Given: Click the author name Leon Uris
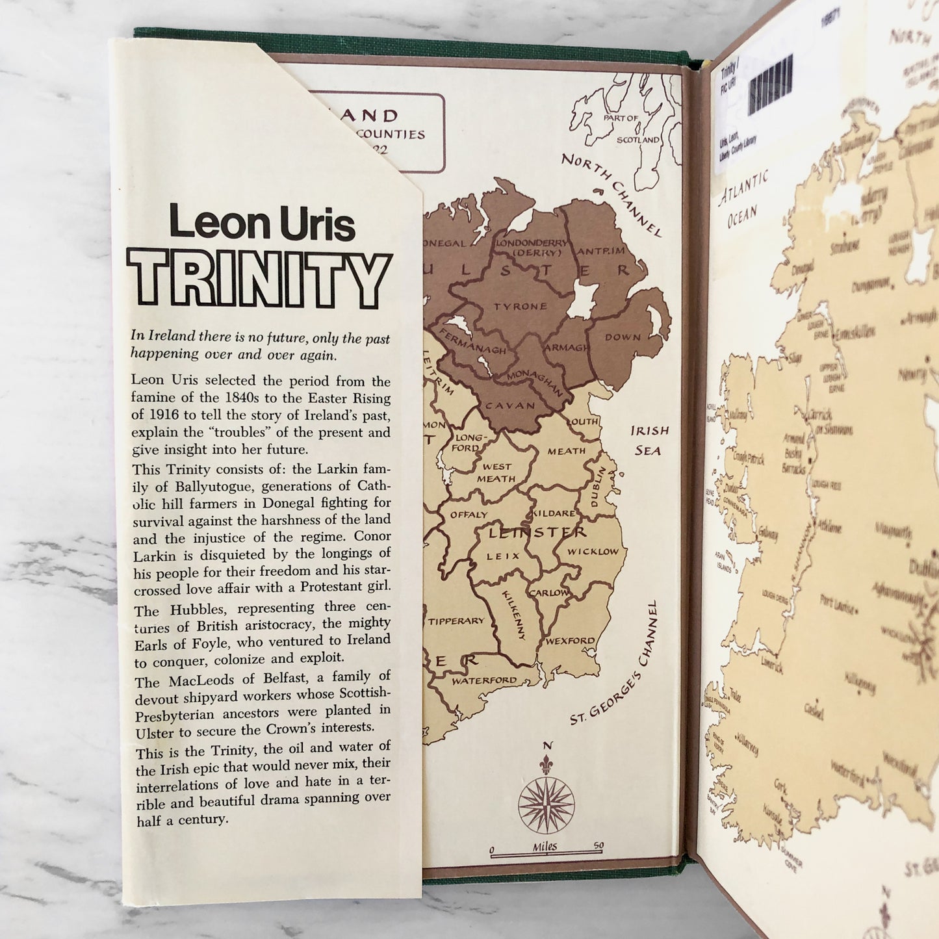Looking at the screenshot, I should point(262,223).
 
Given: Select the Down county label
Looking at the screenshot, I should point(623,337).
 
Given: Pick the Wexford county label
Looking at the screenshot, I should point(570,641).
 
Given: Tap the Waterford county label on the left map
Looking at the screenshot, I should point(484,680).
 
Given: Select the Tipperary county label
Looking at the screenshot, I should point(456,621).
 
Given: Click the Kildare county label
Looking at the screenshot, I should point(554,513).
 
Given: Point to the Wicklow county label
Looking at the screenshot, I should point(593,552).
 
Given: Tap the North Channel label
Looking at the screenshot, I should point(611,194).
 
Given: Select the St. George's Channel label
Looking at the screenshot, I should point(615,663).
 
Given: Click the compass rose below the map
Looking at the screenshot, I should point(546,803).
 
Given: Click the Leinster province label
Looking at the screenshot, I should point(536,533).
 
